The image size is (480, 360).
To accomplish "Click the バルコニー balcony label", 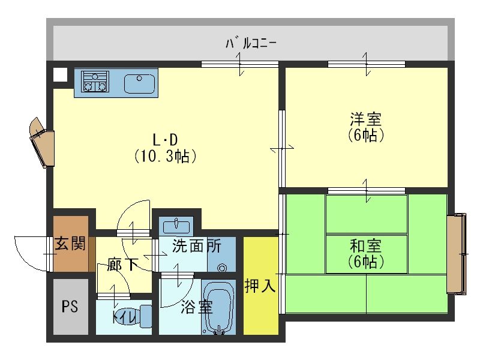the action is pyautogui.click(x=251, y=43).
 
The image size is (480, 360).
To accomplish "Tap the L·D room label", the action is pyautogui.click(x=166, y=140).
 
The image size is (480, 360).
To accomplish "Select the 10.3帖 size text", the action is pyautogui.click(x=166, y=156).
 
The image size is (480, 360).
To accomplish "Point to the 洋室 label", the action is pyautogui.click(x=366, y=119).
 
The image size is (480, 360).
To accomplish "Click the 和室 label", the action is pyautogui.click(x=366, y=246).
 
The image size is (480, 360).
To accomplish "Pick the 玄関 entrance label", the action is pyautogui.click(x=70, y=244).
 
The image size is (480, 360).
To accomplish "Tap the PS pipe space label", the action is pyautogui.click(x=70, y=307).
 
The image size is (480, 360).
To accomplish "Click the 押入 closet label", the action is pyautogui.click(x=260, y=286).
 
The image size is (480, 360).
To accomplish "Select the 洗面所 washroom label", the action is pyautogui.click(x=197, y=245).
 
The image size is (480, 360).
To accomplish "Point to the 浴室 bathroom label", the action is pyautogui.click(x=197, y=307).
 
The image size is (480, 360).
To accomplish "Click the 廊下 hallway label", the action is pyautogui.click(x=122, y=265).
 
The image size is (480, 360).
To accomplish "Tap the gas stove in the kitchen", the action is pyautogui.click(x=95, y=82).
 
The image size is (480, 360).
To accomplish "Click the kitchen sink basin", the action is pyautogui.click(x=139, y=83).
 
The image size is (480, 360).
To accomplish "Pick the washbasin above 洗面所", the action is pyautogui.click(x=176, y=227).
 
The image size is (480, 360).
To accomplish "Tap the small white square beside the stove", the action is pyautogui.click(x=60, y=74).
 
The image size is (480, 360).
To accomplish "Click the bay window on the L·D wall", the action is pyautogui.click(x=42, y=142).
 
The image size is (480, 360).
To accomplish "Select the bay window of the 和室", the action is pyautogui.click(x=456, y=254).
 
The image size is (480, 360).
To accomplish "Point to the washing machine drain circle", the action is pyautogui.click(x=222, y=268).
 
